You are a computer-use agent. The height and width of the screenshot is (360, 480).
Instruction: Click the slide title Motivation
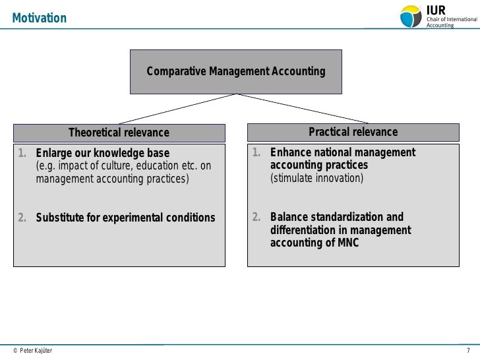coord(39,18)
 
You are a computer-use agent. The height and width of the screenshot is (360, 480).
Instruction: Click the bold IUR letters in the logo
coord(437,9)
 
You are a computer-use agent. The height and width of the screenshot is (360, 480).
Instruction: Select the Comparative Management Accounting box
coord(235,71)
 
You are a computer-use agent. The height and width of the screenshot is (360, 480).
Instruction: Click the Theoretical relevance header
coord(119,133)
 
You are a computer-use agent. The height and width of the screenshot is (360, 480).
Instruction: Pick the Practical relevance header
coord(353,132)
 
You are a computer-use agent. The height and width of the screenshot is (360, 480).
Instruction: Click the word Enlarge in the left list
coord(54,154)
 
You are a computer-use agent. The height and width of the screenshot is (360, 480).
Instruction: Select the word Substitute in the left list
coord(59,218)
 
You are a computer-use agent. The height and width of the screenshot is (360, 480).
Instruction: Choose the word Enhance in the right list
coord(290,153)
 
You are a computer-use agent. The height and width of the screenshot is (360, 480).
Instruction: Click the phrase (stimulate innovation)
coord(316,178)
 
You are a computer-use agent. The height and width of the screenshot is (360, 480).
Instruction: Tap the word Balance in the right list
coord(289,218)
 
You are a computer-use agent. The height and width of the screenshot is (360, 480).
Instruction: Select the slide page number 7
coord(469,349)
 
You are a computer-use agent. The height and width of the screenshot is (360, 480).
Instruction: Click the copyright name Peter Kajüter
coord(36,350)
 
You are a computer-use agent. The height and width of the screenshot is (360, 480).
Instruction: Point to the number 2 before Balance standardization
coord(257,218)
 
